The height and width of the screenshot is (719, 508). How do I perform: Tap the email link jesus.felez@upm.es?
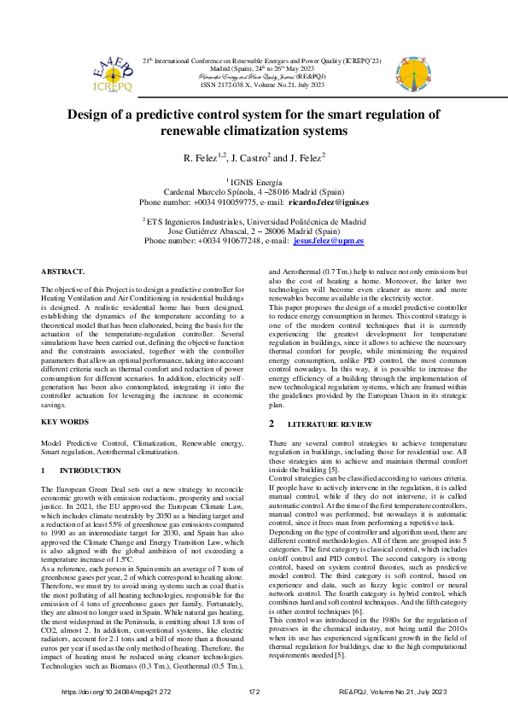328,241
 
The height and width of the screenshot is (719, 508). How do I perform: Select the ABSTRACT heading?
63,271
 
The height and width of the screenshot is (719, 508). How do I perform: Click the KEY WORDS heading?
65,423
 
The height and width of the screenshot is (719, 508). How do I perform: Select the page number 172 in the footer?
254,691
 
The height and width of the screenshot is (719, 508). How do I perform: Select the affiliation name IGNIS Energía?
256,182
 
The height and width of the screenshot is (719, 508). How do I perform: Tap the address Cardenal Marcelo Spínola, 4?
218,192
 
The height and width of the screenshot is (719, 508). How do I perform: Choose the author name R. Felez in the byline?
201,159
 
